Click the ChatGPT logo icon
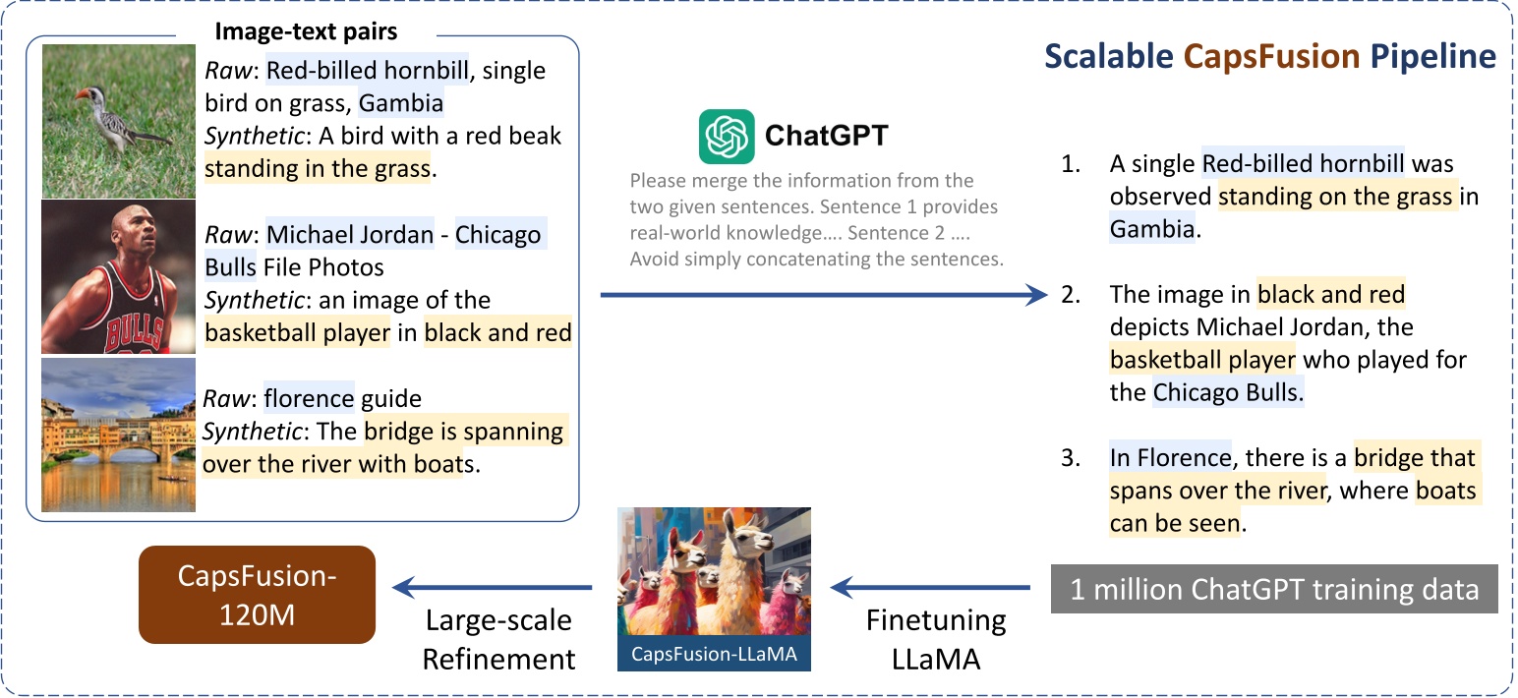coord(727,137)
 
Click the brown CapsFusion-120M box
coord(257,595)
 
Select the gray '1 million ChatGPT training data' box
coord(1274,590)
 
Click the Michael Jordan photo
coord(119,278)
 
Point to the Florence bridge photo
coord(119,436)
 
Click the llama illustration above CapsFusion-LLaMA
coord(714,574)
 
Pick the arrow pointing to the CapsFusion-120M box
coord(492,588)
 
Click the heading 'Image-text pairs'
coord(306,32)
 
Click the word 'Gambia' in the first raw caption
coord(401,103)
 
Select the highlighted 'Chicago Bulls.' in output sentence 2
coord(1228,393)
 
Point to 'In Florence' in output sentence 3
coord(1169,458)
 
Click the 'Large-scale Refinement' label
coord(498,640)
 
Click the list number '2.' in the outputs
coord(1073,294)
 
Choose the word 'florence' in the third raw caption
coord(309,399)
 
